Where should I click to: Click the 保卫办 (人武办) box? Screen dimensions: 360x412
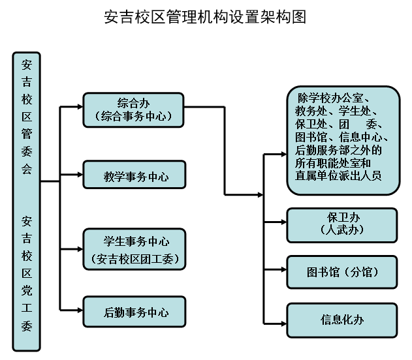[x=343, y=224]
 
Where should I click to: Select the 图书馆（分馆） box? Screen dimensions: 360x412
[x=343, y=272]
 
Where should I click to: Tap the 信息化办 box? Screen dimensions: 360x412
[x=343, y=320]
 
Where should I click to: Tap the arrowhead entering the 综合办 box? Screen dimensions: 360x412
[x=79, y=106]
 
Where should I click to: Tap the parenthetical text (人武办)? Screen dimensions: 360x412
[x=343, y=230]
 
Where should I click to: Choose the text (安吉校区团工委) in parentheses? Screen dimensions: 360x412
[x=135, y=259]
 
